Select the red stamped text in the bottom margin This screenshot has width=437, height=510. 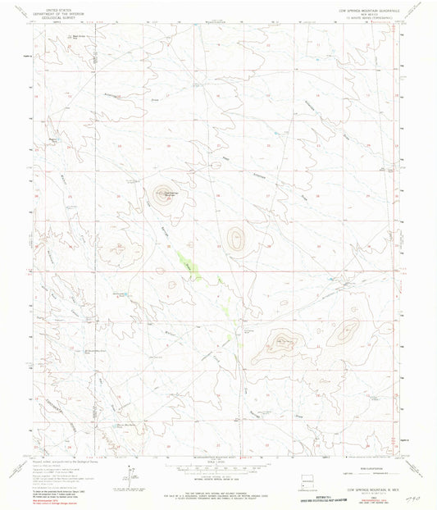click(x=344, y=498)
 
